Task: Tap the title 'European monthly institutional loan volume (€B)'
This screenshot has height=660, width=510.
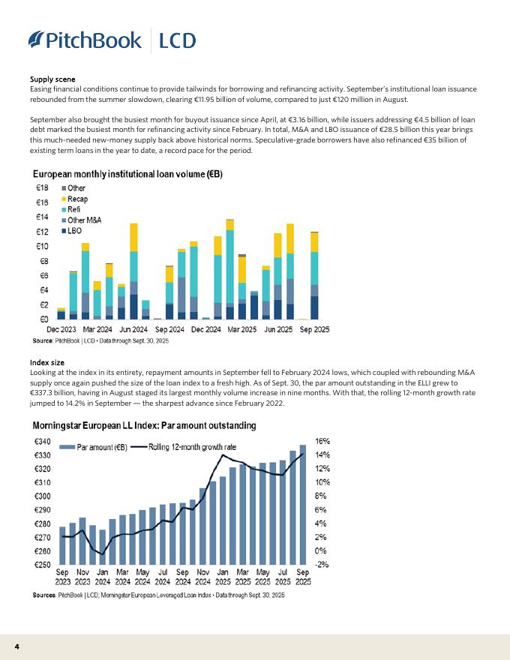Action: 127,173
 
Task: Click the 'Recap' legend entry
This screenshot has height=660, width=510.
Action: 77,199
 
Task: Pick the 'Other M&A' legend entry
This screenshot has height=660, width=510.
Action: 84,220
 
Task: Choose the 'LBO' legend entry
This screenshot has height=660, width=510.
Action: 74,231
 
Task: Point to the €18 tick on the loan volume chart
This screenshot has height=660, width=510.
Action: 43,187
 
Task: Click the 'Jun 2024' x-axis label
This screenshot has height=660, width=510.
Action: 133,328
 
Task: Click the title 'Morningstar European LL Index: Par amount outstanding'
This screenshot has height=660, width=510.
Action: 144,426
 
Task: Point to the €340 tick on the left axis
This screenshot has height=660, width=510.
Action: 43,442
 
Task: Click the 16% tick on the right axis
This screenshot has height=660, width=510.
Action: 321,442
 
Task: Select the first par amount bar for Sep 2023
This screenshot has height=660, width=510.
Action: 62,545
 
